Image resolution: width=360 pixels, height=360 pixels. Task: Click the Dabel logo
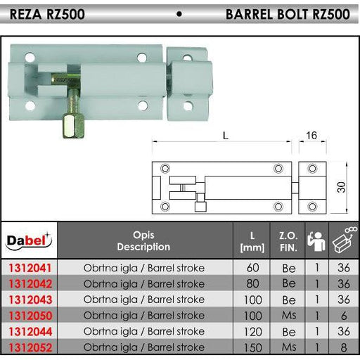click(x=29, y=240)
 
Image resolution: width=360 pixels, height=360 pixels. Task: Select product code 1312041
click(x=30, y=268)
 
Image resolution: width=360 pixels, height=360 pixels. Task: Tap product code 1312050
click(x=30, y=316)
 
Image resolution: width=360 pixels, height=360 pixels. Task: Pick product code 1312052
click(x=30, y=347)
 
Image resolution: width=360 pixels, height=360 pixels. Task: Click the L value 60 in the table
click(x=252, y=268)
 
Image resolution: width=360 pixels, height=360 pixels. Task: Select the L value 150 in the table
click(x=252, y=347)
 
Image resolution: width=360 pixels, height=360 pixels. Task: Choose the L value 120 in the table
click(x=252, y=332)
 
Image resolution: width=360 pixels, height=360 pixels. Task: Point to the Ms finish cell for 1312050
click(x=289, y=316)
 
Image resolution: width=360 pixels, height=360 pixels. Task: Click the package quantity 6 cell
click(x=344, y=316)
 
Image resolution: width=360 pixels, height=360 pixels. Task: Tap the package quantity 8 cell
click(x=344, y=347)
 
